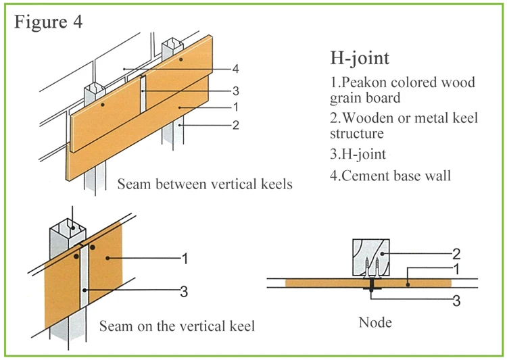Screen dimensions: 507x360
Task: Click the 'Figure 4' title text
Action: pyautogui.click(x=48, y=22)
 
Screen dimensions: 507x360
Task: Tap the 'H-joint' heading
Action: pyautogui.click(x=360, y=59)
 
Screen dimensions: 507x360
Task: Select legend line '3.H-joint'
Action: pyautogui.click(x=358, y=154)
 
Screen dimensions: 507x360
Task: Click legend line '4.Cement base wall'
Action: pyautogui.click(x=390, y=176)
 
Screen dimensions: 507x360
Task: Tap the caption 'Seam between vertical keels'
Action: pyautogui.click(x=205, y=184)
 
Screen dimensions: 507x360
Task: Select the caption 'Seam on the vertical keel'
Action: pyautogui.click(x=177, y=326)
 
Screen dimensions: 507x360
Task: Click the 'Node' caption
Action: pyautogui.click(x=375, y=322)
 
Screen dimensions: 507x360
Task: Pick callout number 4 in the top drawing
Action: pyautogui.click(x=236, y=69)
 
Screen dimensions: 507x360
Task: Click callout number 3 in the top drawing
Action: pyautogui.click(x=236, y=91)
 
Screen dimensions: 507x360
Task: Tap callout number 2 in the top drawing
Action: pyautogui.click(x=236, y=125)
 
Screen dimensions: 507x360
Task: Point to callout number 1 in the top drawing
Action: pyautogui.click(x=236, y=107)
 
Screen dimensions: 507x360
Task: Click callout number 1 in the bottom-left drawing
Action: pyautogui.click(x=185, y=259)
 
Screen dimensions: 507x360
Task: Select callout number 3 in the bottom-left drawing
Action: pyautogui.click(x=184, y=292)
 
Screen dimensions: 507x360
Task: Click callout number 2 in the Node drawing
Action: pyautogui.click(x=456, y=254)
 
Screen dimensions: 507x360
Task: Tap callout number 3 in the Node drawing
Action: pyautogui.click(x=456, y=301)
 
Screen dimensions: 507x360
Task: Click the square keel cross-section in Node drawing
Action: pyautogui.click(x=371, y=258)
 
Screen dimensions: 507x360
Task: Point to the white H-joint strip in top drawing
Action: pyautogui.click(x=143, y=94)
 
